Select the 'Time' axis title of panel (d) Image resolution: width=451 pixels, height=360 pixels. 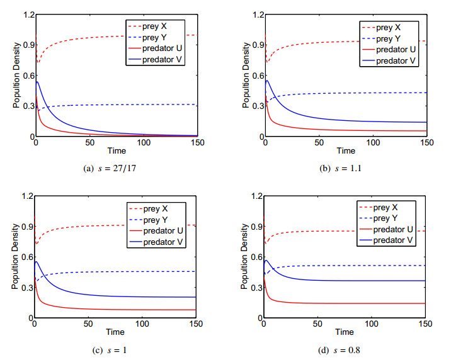pyautogui.click(x=345, y=332)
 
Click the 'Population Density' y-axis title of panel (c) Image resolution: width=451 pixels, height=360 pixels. pyautogui.click(x=15, y=257)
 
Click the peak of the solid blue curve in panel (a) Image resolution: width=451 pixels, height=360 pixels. pyautogui.click(x=37, y=82)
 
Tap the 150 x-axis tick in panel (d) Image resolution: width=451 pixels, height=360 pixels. pyautogui.click(x=426, y=324)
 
